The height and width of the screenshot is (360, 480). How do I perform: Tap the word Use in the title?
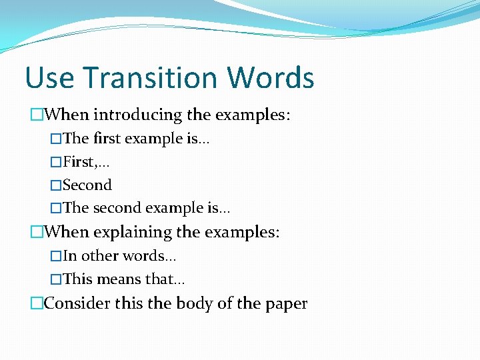pyautogui.click(x=49, y=78)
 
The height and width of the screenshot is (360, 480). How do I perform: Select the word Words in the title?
pyautogui.click(x=270, y=78)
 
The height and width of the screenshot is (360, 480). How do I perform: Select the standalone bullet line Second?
pyautogui.click(x=87, y=185)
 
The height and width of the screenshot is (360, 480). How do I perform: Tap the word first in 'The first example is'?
pyautogui.click(x=107, y=139)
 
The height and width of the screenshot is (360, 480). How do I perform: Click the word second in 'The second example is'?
pyautogui.click(x=116, y=209)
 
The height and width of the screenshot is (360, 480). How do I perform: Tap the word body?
pyautogui.click(x=195, y=304)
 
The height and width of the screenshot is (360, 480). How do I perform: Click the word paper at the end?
pyautogui.click(x=286, y=304)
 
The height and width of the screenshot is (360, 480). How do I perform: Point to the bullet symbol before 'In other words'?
pyautogui.click(x=56, y=256)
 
